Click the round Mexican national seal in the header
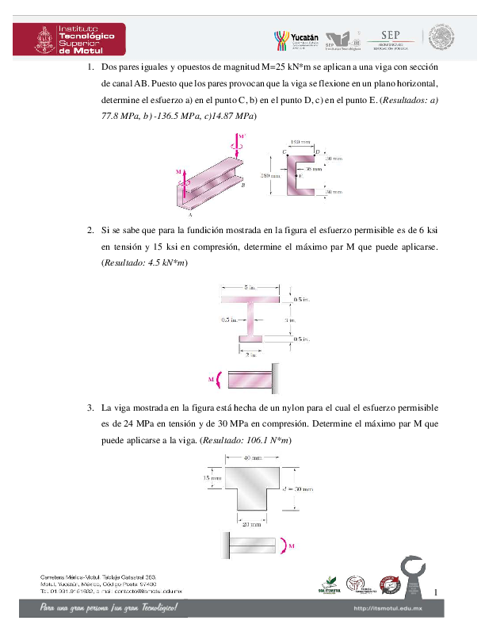tap(441, 38)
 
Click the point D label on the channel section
tap(318, 151)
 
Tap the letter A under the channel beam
tap(190, 213)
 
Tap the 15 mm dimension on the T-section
tap(208, 478)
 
